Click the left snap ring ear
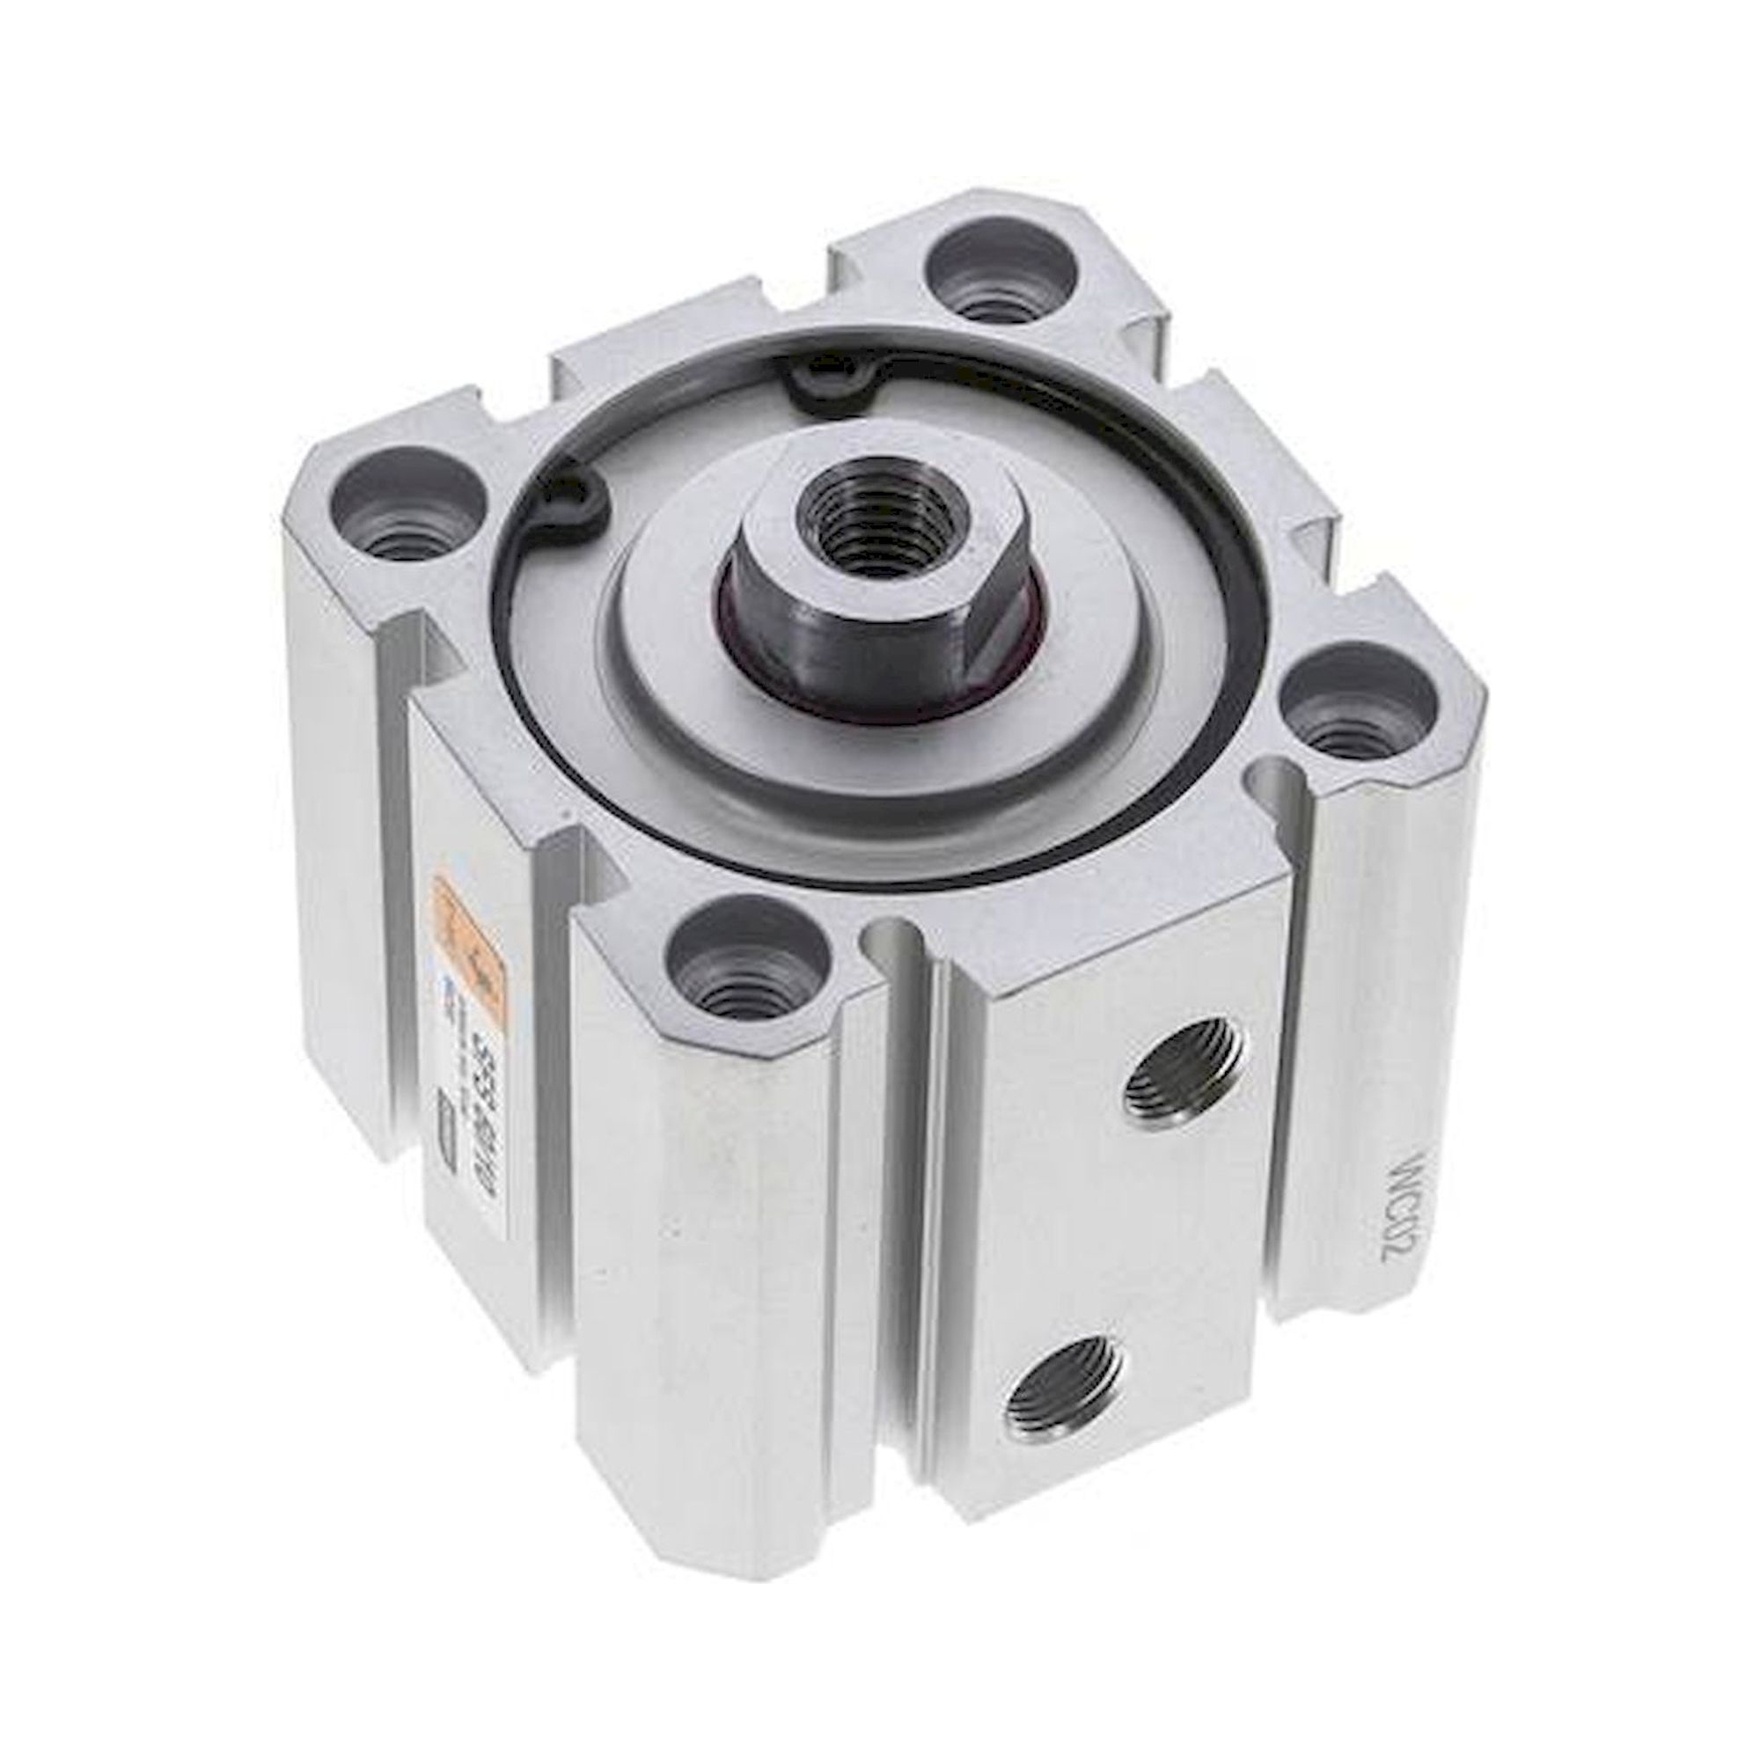click(x=577, y=502)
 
